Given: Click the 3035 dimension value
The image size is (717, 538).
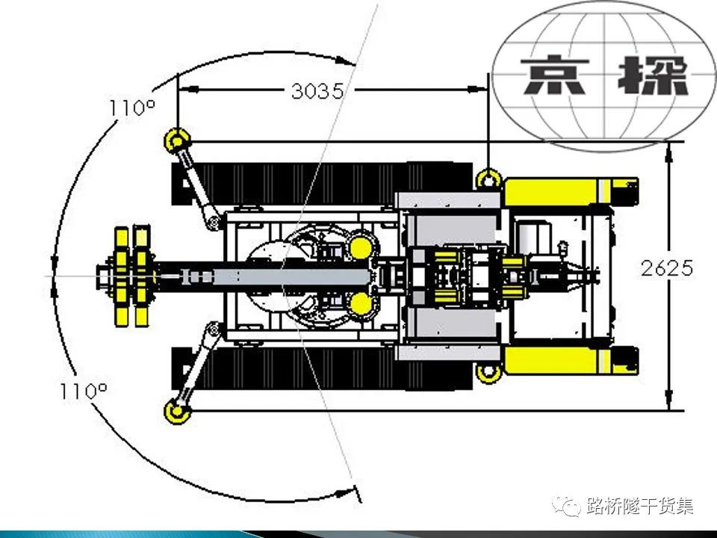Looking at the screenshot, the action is pos(317,91).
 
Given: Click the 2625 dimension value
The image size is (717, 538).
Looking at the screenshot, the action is pos(667,268).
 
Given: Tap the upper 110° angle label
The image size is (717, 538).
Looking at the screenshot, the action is pos(132,108).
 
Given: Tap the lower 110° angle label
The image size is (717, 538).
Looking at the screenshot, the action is pos(84,391).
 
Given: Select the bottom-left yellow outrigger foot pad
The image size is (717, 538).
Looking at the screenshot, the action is pos(178,412).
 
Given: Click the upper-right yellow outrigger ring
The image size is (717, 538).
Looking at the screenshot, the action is pos(488,180).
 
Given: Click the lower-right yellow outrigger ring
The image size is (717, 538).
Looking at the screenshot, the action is pos(488,371).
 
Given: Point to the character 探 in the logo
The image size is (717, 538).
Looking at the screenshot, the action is pos(653,75).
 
